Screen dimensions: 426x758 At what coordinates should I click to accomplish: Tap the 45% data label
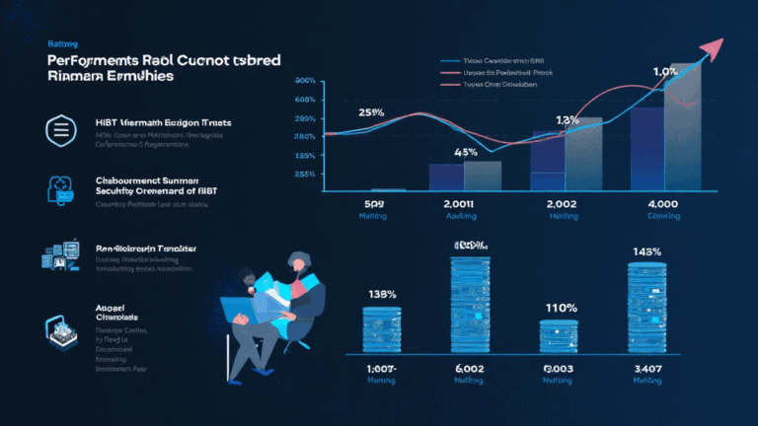click(x=466, y=153)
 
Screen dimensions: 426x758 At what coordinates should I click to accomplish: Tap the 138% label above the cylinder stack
click(x=382, y=294)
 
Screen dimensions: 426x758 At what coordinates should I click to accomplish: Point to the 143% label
click(x=645, y=252)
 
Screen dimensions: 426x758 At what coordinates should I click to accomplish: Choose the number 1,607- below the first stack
click(x=381, y=369)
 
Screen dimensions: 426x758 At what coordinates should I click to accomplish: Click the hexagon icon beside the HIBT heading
click(x=60, y=129)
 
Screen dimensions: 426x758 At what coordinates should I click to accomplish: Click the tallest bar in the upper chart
click(x=685, y=126)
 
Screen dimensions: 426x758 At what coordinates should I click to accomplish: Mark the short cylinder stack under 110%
click(x=560, y=335)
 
